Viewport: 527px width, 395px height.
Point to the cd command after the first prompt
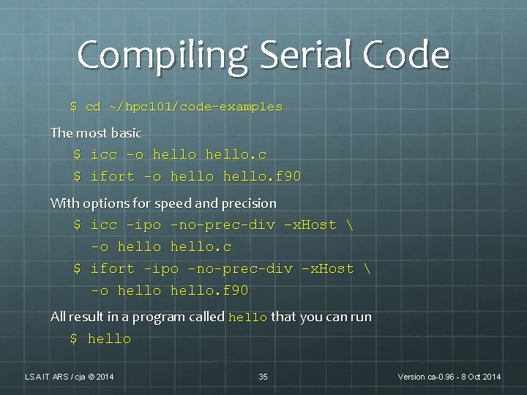(93, 107)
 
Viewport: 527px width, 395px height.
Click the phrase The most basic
(96, 133)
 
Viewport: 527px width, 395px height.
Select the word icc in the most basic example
(104, 155)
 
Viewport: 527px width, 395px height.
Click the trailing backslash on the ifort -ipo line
(366, 269)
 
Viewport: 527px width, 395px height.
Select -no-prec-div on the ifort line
(240, 269)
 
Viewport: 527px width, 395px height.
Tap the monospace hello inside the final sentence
(248, 318)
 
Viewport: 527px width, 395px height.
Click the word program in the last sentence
(173, 317)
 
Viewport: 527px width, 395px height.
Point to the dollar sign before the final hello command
(74, 339)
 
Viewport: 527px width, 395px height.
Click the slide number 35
(263, 377)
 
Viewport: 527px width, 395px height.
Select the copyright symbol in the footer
(91, 377)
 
